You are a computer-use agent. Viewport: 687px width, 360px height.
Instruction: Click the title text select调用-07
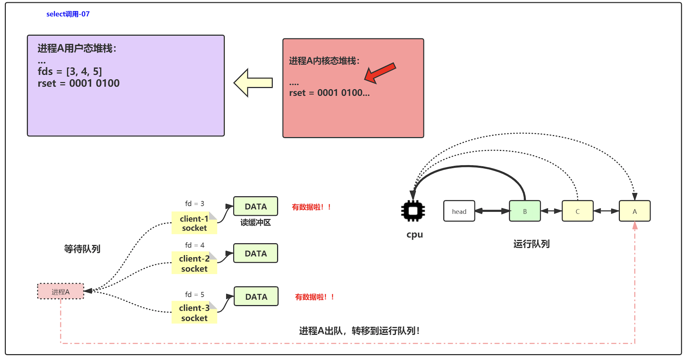68,14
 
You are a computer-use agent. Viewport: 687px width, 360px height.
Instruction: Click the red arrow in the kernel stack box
380,73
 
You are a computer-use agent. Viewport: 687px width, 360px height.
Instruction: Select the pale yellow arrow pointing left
253,83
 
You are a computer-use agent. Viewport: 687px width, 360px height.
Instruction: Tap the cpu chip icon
413,211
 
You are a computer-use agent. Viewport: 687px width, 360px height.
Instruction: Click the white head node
459,211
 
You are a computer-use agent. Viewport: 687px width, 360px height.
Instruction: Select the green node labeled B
525,211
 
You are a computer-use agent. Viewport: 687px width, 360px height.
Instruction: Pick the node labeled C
577,211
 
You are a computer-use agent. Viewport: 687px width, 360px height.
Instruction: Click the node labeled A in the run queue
634,211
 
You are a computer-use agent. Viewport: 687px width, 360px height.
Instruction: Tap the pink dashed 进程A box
61,292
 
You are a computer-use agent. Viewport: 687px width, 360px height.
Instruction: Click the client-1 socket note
194,223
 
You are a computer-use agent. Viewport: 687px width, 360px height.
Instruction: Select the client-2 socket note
194,264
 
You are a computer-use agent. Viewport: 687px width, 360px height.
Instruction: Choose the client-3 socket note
194,313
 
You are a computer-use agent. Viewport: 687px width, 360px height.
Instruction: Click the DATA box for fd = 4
256,253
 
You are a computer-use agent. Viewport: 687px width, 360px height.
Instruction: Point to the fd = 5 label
194,295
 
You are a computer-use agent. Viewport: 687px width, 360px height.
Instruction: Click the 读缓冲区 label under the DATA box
256,223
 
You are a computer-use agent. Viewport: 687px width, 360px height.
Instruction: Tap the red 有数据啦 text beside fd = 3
311,207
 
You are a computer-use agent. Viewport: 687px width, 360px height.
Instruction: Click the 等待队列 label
82,249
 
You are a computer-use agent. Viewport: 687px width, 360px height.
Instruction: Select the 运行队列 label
531,244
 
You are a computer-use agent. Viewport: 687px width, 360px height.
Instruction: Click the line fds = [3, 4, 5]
70,72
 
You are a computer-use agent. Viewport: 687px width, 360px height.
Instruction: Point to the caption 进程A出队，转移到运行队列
359,331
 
